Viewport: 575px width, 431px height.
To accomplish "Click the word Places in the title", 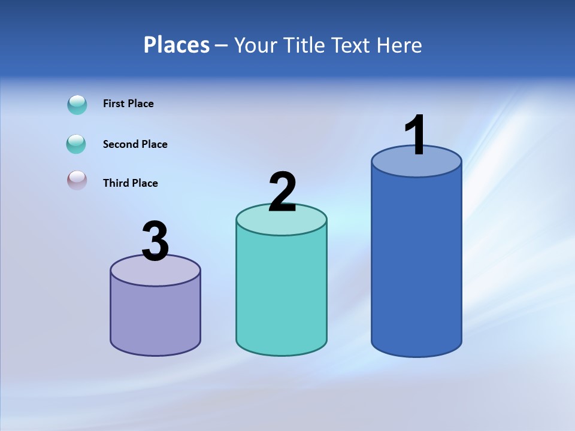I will click(177, 45).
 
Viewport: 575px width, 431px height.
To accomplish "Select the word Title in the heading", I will click(305, 45).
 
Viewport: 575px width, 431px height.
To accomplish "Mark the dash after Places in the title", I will click(220, 45).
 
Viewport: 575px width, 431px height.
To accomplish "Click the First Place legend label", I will click(128, 104).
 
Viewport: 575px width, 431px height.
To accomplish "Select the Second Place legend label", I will click(135, 144).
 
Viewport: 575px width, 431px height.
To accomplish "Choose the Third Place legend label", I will click(130, 183).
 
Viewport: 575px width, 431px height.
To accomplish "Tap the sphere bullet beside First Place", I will click(77, 105).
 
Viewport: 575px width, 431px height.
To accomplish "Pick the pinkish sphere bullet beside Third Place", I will click(77, 180).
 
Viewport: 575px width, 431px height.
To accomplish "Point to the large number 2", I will click(282, 192).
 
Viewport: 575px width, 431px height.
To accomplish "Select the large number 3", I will click(155, 241).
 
